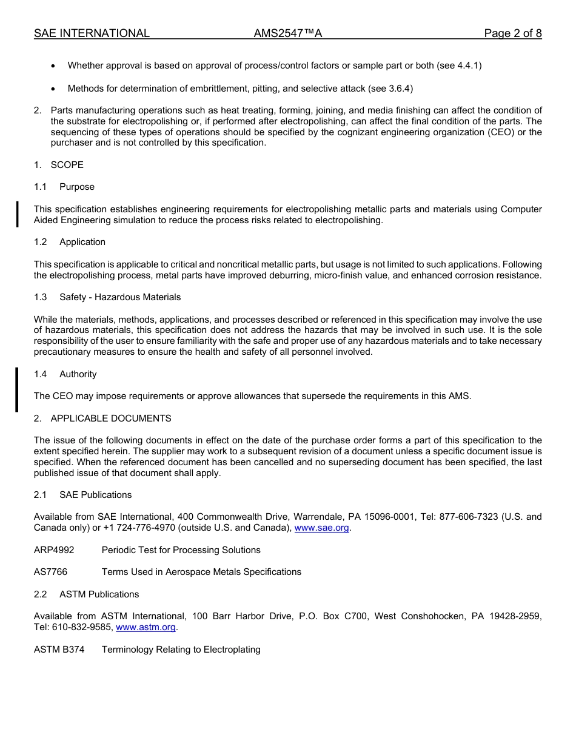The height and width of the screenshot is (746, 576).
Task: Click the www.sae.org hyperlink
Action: (321, 528)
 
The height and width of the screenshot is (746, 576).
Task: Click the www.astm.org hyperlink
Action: (146, 627)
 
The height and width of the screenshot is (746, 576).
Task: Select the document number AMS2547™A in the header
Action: (287, 33)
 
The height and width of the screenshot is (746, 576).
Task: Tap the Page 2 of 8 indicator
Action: (512, 33)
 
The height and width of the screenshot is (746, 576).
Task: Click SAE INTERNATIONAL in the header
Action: (92, 33)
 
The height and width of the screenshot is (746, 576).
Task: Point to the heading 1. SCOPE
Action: (59, 165)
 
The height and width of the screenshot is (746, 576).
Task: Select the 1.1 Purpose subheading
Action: (64, 187)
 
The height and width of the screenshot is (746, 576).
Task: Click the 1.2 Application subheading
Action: (70, 242)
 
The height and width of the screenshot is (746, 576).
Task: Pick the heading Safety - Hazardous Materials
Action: (120, 297)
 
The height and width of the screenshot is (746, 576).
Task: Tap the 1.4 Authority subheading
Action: (65, 374)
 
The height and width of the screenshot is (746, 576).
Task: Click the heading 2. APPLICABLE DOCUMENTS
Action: (102, 418)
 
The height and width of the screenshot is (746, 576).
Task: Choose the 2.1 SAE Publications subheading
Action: (82, 495)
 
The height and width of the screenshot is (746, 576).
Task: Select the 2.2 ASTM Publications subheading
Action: (86, 594)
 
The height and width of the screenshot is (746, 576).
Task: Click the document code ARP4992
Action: (54, 550)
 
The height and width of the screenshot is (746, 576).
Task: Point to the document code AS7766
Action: (51, 572)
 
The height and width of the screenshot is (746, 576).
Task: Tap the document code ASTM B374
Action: (59, 650)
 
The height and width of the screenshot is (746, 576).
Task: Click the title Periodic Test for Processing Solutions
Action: (181, 550)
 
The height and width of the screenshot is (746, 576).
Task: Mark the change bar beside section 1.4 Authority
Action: (17, 389)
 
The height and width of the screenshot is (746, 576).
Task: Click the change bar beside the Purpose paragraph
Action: (17, 214)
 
